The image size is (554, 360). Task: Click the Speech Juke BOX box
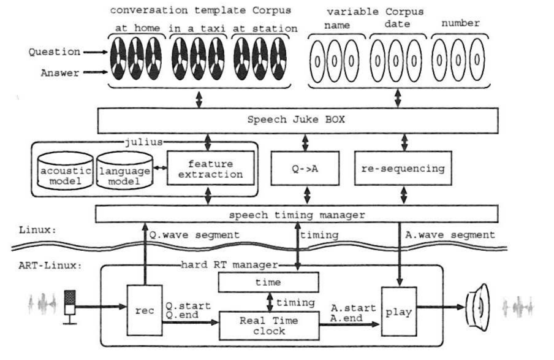296,120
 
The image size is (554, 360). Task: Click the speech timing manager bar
296,215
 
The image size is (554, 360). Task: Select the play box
398,311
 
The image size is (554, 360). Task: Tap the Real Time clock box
269,324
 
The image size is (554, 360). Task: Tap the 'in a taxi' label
197,28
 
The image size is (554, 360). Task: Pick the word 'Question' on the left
53,52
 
